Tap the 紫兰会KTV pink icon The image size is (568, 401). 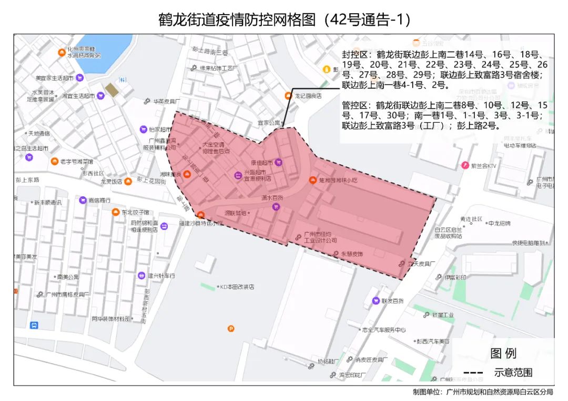[x=465, y=165]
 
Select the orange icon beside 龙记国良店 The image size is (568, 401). [x=288, y=96]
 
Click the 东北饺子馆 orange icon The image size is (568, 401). [x=115, y=212]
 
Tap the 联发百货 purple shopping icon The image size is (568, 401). [x=376, y=301]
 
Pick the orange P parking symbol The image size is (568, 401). [x=231, y=329]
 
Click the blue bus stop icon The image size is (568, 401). [x=34, y=325]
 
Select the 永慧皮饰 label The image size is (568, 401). [x=352, y=254]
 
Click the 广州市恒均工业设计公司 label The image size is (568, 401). [x=320, y=237]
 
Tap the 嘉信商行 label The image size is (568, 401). [x=100, y=200]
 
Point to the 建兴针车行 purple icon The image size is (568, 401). [x=141, y=276]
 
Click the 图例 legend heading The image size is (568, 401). [x=503, y=353]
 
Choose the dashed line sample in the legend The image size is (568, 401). [x=473, y=372]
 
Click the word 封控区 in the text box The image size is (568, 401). [x=357, y=55]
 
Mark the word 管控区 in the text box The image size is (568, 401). [x=357, y=105]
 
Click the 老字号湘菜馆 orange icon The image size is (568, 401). [x=55, y=161]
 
